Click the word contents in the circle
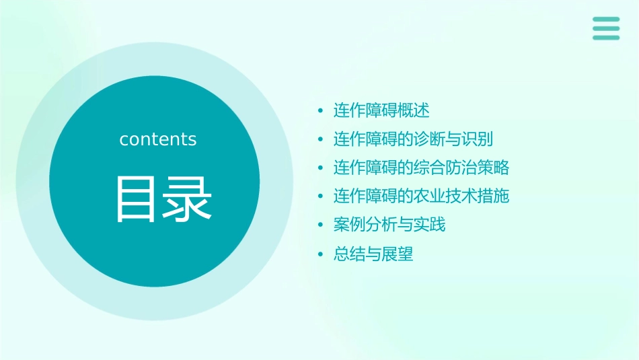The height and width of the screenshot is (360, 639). [158, 139]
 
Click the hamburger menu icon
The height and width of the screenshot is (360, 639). [606, 28]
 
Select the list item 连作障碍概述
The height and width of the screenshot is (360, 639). [381, 110]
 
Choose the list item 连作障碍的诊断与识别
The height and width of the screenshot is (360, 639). [414, 139]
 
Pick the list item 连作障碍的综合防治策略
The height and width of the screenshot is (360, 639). [422, 168]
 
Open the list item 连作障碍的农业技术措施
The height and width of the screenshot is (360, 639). [422, 196]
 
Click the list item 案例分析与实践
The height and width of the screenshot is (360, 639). [389, 225]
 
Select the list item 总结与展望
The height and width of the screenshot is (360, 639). [373, 254]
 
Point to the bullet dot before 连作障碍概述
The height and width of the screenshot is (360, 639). [320, 110]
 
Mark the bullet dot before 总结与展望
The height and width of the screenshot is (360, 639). [320, 254]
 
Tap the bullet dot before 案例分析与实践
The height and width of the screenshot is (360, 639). [320, 225]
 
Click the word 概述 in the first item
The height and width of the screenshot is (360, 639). [414, 110]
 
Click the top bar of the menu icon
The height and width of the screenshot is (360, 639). [606, 20]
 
